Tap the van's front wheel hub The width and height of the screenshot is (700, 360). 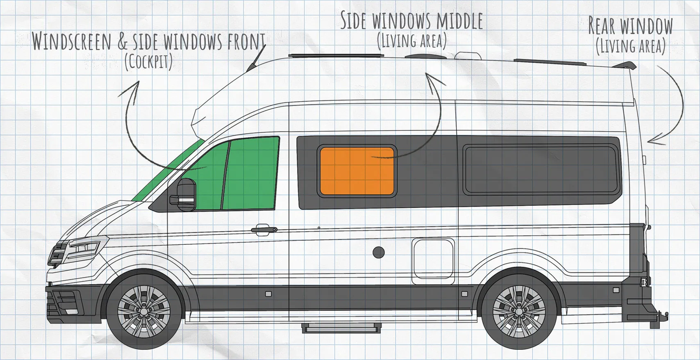coord(144,312)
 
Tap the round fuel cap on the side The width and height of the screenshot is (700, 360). coord(378,252)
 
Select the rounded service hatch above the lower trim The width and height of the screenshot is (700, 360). coord(434,258)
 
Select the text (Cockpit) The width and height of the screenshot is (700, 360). coord(148,63)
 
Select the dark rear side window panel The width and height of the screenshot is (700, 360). coord(543,169)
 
